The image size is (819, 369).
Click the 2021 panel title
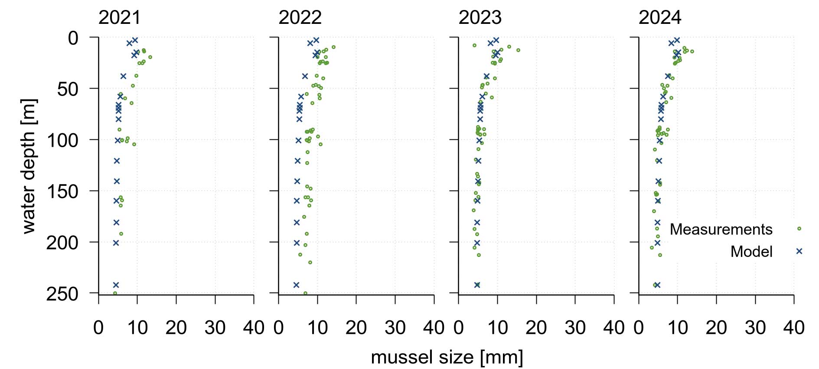tap(120, 18)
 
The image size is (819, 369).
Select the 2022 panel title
tap(300, 18)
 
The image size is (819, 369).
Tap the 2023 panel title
tap(480, 18)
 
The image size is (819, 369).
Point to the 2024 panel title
tap(660, 18)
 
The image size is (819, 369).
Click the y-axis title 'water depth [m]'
tap(29, 166)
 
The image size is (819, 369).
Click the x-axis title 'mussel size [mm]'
tap(447, 357)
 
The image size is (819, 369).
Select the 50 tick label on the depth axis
tap(68, 89)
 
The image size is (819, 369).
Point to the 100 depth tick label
tap(62, 141)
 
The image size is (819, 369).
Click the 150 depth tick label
tap(62, 191)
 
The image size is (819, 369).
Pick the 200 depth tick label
tap(62, 243)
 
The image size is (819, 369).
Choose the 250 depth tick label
tap(62, 294)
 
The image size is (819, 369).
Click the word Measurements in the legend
tap(721, 229)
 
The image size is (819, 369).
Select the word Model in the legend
tap(751, 252)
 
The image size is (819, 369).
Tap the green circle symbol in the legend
tap(799, 228)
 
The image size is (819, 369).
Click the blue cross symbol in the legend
tap(799, 251)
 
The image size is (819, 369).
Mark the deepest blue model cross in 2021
tap(116, 285)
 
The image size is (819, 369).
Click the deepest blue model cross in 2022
tap(296, 285)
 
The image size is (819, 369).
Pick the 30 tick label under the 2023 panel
tap(575, 328)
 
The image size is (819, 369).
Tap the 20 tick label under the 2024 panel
tap(716, 328)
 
